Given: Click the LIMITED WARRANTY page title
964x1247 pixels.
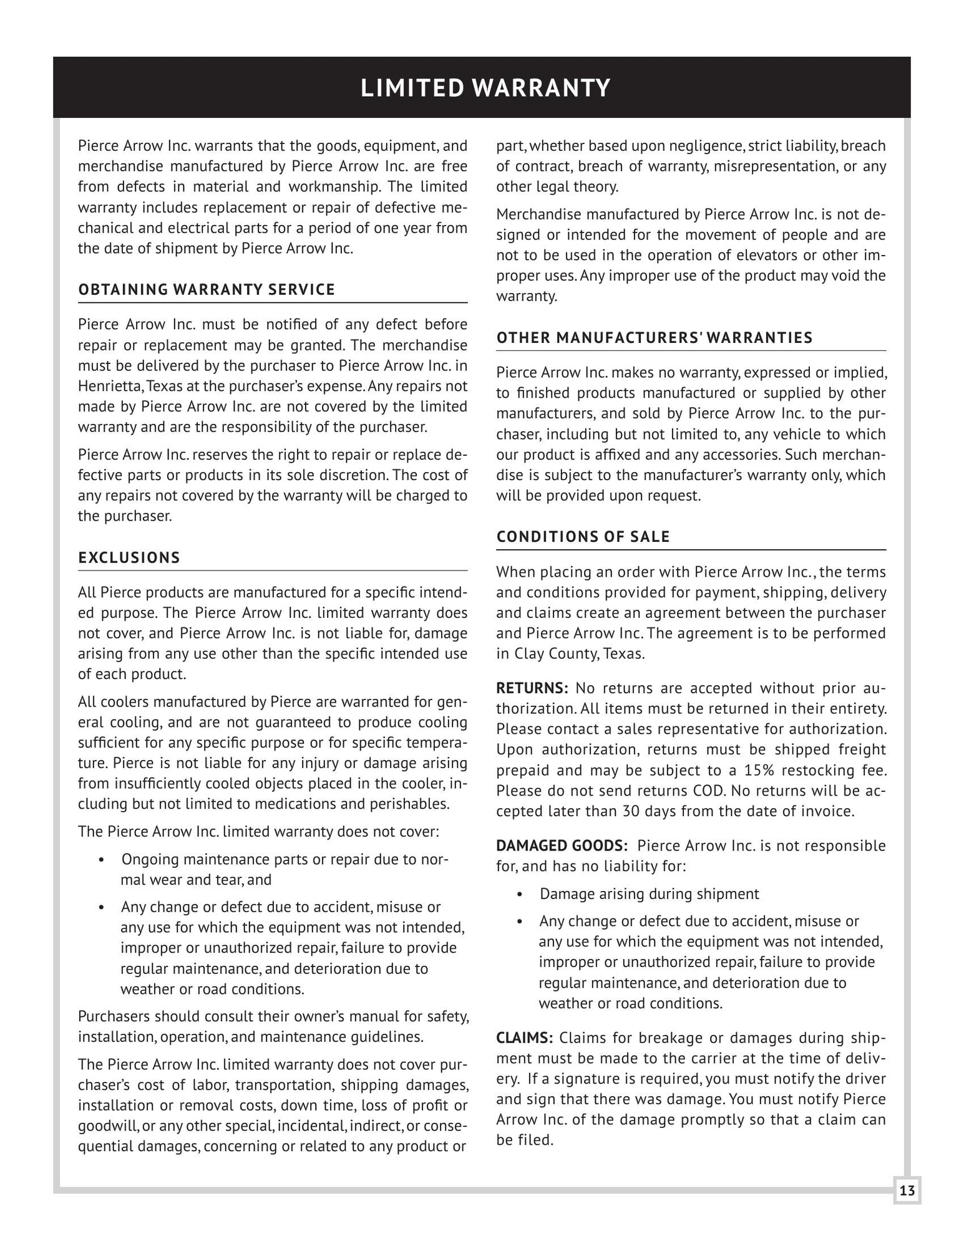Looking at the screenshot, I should (485, 88).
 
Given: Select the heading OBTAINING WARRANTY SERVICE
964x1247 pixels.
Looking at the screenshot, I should (207, 290).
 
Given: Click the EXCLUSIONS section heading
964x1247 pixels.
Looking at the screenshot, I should (129, 558).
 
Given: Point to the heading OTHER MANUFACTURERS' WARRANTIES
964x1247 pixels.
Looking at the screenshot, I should (655, 338).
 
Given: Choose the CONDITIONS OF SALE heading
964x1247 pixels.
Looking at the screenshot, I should (583, 537).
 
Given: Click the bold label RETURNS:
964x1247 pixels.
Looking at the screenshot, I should (532, 688).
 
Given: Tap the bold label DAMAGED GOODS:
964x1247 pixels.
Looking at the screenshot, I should (562, 846).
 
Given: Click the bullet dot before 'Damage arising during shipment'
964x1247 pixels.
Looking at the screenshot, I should (520, 895).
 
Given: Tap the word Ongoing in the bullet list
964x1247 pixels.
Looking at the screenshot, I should (150, 860).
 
